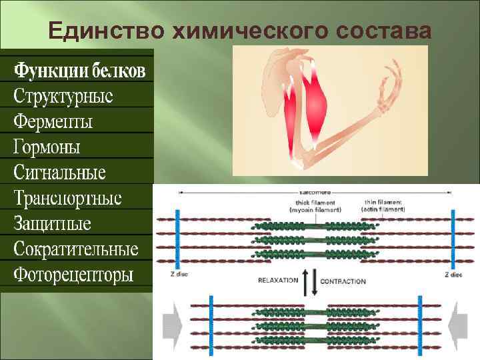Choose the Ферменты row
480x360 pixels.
(53, 121)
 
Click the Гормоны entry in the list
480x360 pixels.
(47, 147)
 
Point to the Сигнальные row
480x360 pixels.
(60, 173)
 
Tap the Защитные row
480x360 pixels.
(53, 223)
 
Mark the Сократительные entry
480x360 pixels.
(76, 249)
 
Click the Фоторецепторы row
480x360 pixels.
(73, 275)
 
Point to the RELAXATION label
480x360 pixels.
(277, 281)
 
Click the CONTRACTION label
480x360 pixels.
(343, 281)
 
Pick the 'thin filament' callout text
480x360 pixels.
(385, 205)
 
